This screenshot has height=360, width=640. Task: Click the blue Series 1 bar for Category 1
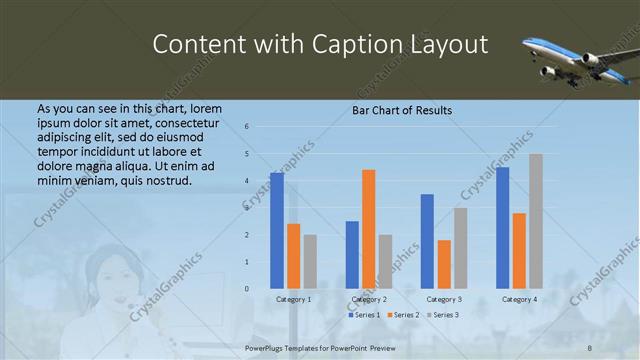pyautogui.click(x=277, y=231)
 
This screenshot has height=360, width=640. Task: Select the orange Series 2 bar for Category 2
pyautogui.click(x=368, y=229)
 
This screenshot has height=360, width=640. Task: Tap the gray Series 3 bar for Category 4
pyautogui.click(x=536, y=221)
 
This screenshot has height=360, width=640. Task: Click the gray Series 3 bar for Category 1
pyautogui.click(x=310, y=262)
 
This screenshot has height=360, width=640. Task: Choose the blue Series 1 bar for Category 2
pyautogui.click(x=352, y=255)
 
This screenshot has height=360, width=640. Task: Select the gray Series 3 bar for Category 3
pyautogui.click(x=460, y=248)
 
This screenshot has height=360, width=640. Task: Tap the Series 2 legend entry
pyautogui.click(x=402, y=315)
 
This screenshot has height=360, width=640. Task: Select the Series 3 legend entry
pyautogui.click(x=444, y=315)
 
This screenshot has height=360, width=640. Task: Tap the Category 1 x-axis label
pyautogui.click(x=294, y=299)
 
